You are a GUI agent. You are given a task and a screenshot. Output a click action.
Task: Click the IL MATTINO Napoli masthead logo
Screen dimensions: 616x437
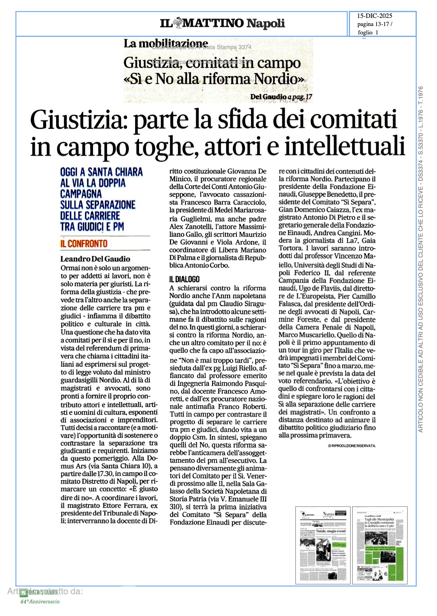coord(222,23)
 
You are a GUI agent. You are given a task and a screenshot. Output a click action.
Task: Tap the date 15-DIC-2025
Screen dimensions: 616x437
coord(375,16)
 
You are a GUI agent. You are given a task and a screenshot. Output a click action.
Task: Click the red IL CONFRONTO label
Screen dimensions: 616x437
coord(84,243)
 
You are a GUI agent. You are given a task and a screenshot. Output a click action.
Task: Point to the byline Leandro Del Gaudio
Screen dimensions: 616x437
coord(95,259)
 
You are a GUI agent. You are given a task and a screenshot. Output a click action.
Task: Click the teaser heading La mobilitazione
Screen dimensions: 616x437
coord(165,43)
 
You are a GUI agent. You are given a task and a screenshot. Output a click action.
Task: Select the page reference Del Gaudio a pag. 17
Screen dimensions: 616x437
coord(281,97)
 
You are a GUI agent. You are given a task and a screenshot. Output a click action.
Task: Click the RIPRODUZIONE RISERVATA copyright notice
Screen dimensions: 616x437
coord(352,446)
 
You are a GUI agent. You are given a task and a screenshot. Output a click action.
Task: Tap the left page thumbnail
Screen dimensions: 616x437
coord(323,545)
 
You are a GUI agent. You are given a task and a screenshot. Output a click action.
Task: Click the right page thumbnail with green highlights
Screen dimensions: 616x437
coord(380,545)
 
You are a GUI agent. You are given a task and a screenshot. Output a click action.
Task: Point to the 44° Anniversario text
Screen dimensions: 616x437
coord(40,601)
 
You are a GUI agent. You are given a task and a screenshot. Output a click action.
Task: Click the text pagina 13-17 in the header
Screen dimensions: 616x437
coord(375,24)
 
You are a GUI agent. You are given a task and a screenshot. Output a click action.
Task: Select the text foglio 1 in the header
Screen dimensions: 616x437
coord(368,33)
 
